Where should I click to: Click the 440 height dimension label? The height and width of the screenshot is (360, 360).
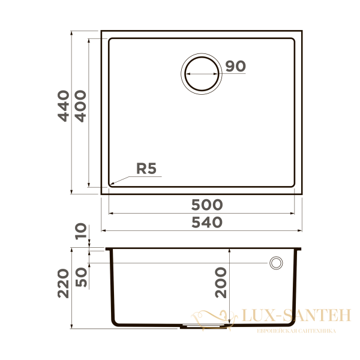(x=64, y=106)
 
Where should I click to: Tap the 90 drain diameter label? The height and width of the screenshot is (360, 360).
(x=236, y=67)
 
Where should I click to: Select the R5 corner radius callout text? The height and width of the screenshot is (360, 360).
(x=146, y=169)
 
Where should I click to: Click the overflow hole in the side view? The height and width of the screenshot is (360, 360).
(x=277, y=263)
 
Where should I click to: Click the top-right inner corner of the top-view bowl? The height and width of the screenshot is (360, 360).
(x=293, y=40)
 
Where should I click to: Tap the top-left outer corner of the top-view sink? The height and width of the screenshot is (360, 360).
(x=101, y=30)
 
